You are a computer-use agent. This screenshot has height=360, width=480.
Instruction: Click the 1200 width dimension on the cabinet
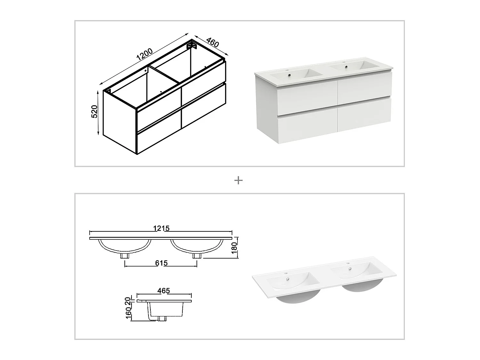[x=145, y=54]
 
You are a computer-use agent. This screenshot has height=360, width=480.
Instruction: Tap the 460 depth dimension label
[x=212, y=43]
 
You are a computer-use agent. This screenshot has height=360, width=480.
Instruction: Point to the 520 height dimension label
[x=94, y=111]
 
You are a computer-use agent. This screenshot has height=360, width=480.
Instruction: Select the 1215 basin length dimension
[x=161, y=228]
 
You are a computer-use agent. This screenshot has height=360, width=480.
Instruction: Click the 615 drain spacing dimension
[x=161, y=263]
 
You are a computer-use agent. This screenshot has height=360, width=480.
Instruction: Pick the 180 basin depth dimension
[x=234, y=248]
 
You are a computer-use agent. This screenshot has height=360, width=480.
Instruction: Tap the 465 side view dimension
[x=164, y=291]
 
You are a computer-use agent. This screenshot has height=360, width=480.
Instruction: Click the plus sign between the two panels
[x=238, y=180]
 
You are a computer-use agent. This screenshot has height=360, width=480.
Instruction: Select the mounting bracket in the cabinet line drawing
[x=192, y=46]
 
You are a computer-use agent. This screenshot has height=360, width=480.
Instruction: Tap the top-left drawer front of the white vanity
[x=308, y=99]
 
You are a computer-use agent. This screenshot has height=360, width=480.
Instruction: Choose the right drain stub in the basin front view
[x=197, y=256]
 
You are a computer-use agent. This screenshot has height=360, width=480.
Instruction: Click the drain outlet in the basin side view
[x=162, y=319]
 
